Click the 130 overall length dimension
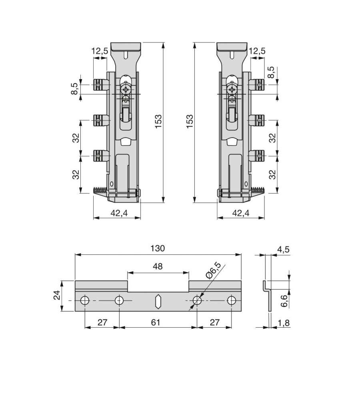tap(158, 248)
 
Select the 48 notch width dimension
tap(158, 266)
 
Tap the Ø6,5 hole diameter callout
tap(213, 270)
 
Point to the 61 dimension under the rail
tap(156, 322)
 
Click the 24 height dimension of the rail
tap(57, 295)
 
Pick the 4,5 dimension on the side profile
tap(283, 250)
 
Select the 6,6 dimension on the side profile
tap(284, 300)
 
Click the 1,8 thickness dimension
tap(284, 323)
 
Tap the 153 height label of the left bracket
tap(158, 122)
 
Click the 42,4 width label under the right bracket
tap(240, 213)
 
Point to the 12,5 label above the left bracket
tap(100, 51)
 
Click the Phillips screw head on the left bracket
tap(126, 90)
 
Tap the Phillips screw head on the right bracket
tap(232, 90)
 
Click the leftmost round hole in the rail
tap(85, 300)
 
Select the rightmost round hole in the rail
tap(232, 300)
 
